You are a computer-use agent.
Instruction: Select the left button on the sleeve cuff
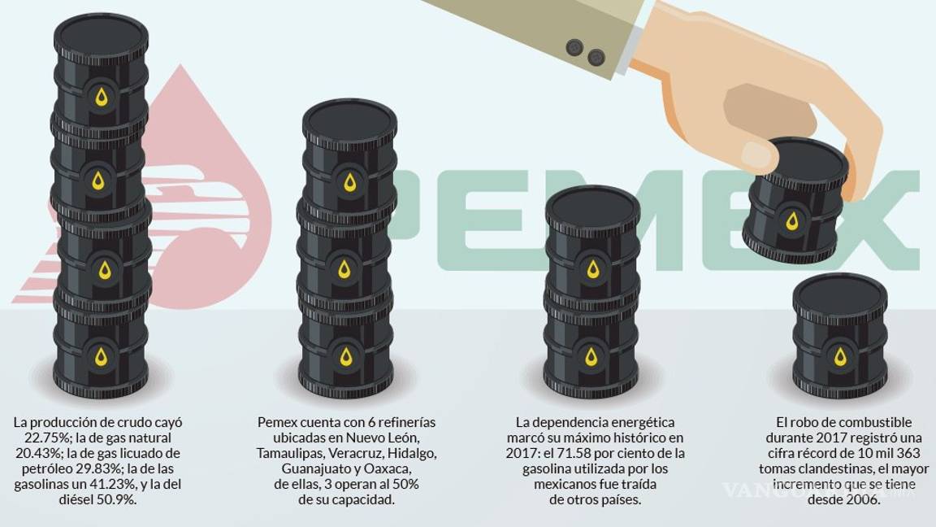(575, 46)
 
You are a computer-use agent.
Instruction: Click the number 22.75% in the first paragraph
(39, 438)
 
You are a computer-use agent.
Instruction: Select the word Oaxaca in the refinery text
(388, 468)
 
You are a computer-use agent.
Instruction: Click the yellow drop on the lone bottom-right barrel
(840, 356)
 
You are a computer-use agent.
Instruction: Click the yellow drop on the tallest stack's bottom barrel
(101, 356)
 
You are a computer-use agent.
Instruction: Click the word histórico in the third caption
(619, 438)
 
